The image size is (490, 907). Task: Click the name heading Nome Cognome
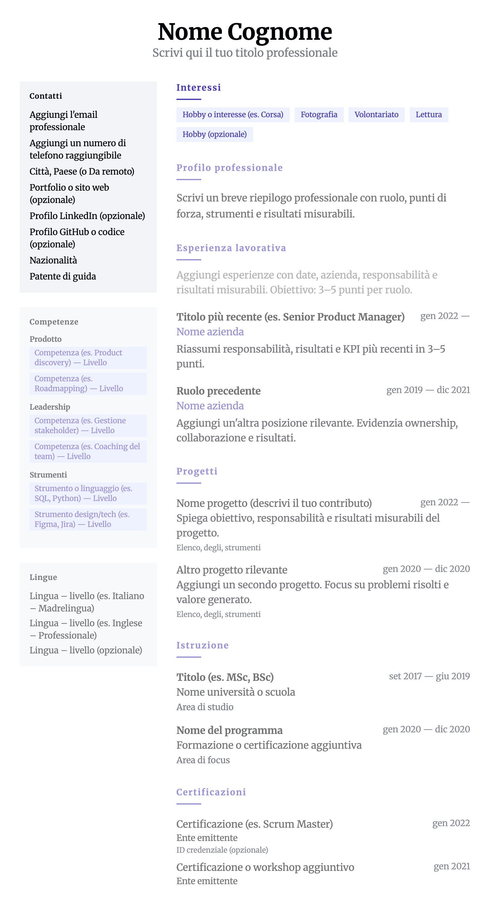coord(245,32)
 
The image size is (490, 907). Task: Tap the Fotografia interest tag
coord(319,115)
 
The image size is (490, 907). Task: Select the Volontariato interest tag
coord(376,115)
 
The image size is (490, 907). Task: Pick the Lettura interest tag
coord(428,115)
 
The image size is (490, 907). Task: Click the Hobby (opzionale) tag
coord(214,135)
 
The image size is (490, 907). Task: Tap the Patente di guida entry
coord(63,276)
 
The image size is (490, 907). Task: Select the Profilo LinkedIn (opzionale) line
coord(87,216)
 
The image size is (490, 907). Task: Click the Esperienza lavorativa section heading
coord(231,248)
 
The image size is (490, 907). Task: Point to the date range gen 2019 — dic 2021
coord(428,390)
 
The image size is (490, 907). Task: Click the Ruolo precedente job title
coord(218,391)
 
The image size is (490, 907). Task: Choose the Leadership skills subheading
coord(50,407)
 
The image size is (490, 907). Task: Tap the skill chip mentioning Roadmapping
coord(88,384)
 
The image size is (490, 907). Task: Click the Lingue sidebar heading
coord(43,578)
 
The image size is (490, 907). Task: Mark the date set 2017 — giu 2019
coord(429,676)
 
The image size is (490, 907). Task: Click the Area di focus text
coord(203,760)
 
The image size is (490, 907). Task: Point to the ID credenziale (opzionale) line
coord(222,850)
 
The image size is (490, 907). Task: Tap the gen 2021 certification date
coord(452,867)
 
